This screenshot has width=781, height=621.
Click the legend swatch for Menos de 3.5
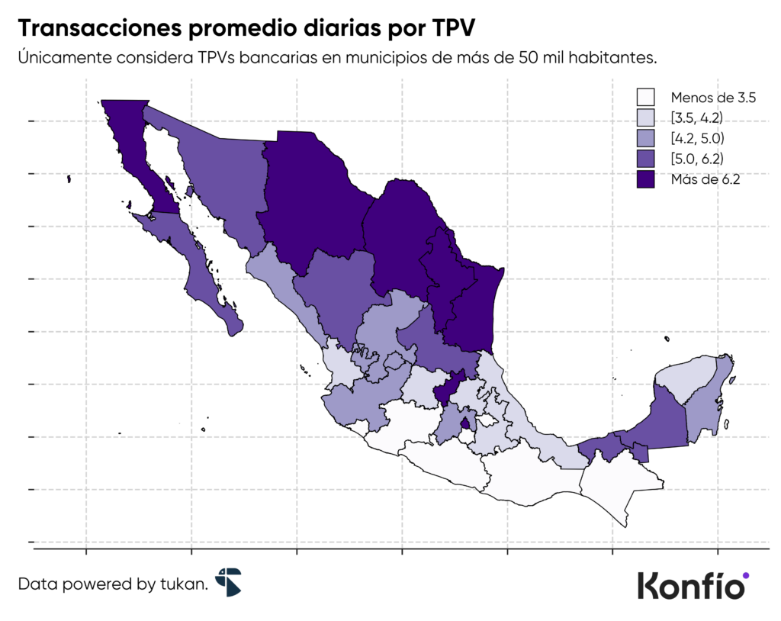click(645, 98)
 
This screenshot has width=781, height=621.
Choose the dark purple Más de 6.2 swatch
click(645, 180)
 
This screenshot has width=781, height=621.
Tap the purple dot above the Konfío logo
click(745, 575)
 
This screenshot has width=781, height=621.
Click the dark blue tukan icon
click(228, 581)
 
